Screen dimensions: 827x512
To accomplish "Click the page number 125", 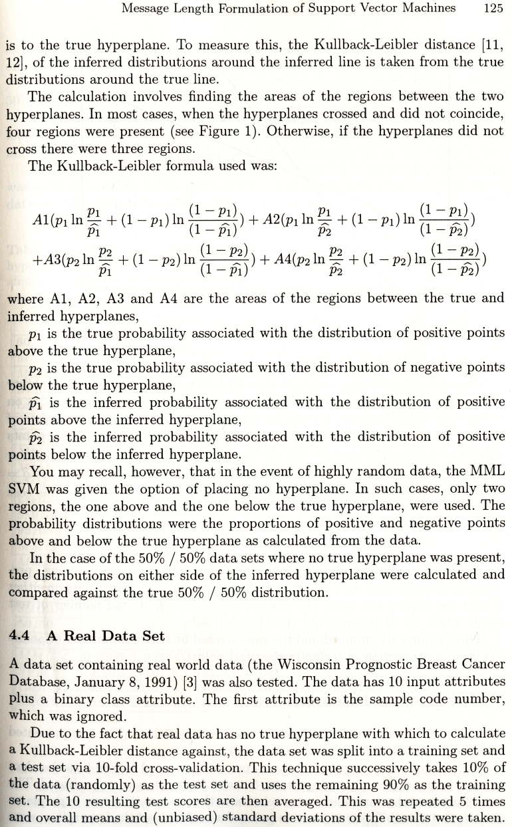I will [x=493, y=9].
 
